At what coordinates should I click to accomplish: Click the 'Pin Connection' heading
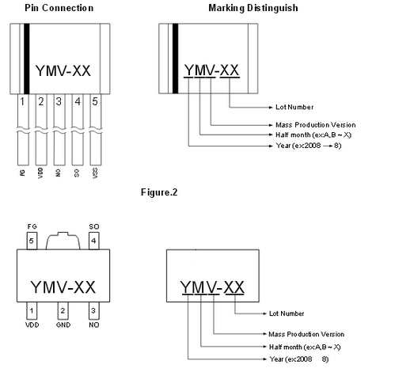[x=59, y=8]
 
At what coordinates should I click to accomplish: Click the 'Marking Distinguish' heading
[x=253, y=8]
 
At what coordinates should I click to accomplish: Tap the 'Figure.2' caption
[x=159, y=192]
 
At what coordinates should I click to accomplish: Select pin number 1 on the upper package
[x=22, y=101]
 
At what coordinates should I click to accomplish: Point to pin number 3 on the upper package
[x=59, y=101]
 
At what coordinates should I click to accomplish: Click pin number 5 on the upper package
[x=95, y=101]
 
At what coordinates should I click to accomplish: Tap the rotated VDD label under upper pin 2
[x=40, y=173]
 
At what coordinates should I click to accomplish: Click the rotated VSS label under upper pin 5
[x=95, y=173]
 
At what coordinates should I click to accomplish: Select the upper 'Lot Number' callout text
[x=294, y=107]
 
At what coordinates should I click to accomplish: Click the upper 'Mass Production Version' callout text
[x=316, y=124]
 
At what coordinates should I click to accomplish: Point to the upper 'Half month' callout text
[x=313, y=135]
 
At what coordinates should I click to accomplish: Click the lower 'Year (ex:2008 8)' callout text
[x=299, y=359]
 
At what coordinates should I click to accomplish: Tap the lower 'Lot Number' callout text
[x=287, y=313]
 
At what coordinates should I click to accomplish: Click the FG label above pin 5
[x=32, y=226]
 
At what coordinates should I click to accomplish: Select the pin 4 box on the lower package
[x=93, y=241]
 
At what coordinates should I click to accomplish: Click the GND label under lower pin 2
[x=63, y=325]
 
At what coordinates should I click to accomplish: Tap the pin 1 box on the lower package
[x=32, y=311]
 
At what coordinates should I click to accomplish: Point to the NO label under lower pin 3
[x=94, y=325]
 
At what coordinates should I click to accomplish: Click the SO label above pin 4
[x=94, y=226]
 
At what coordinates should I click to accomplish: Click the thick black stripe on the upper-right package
[x=175, y=59]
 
